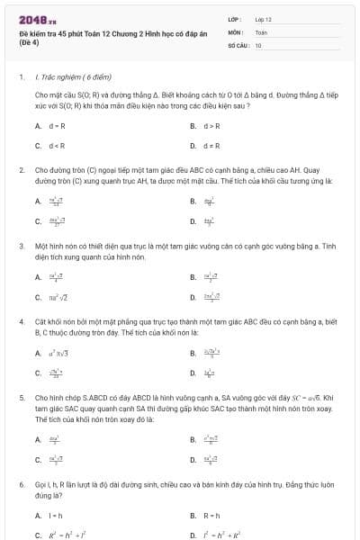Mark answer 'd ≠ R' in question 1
pyautogui.click(x=212, y=145)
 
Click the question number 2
pyautogui.click(x=22, y=168)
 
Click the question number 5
pyautogui.click(x=22, y=396)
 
